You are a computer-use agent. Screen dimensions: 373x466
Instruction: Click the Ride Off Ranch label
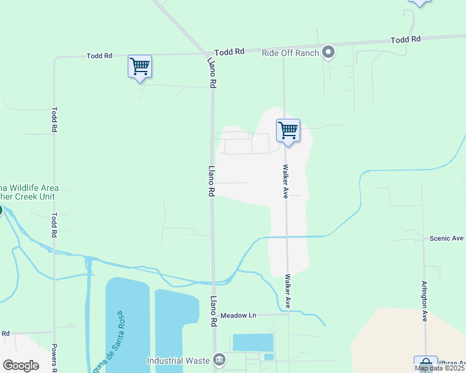[290, 53]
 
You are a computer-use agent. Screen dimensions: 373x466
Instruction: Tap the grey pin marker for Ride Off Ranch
[329, 53]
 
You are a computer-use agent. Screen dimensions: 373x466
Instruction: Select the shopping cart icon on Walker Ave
[288, 131]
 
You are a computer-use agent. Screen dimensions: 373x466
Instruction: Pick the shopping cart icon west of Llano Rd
[140, 66]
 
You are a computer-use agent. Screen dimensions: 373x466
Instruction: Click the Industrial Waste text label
[178, 360]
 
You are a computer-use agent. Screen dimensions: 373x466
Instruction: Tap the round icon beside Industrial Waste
[219, 359]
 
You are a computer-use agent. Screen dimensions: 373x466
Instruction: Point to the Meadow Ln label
[238, 315]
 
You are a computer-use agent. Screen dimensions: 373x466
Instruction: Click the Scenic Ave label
[447, 238]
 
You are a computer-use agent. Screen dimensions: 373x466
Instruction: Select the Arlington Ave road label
[424, 300]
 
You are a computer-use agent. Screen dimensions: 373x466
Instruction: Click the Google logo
[21, 365]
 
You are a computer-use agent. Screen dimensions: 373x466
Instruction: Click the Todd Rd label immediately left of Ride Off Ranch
[229, 52]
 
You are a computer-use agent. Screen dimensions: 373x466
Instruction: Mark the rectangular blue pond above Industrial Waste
[253, 343]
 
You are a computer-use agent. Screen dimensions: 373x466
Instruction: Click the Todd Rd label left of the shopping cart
[100, 56]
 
